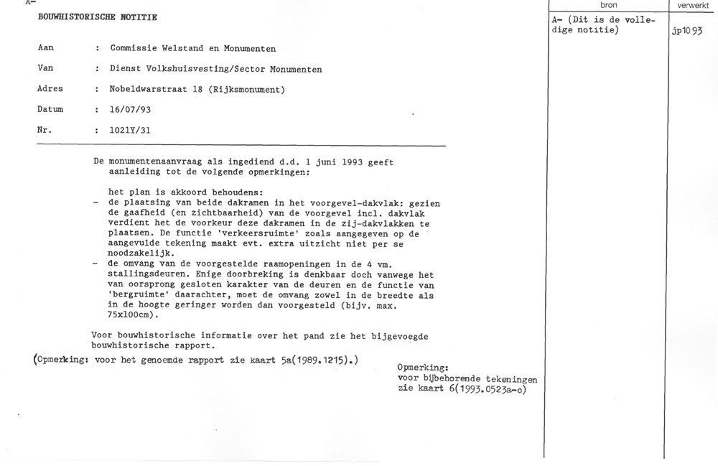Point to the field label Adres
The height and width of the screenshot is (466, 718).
50,89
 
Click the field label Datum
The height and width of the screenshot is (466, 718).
50,110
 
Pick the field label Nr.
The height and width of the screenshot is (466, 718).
45,131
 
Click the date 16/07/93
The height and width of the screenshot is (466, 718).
131,110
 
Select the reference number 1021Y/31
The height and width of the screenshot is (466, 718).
131,131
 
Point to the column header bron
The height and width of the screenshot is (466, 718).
607,5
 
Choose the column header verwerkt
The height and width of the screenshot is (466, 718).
692,5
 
